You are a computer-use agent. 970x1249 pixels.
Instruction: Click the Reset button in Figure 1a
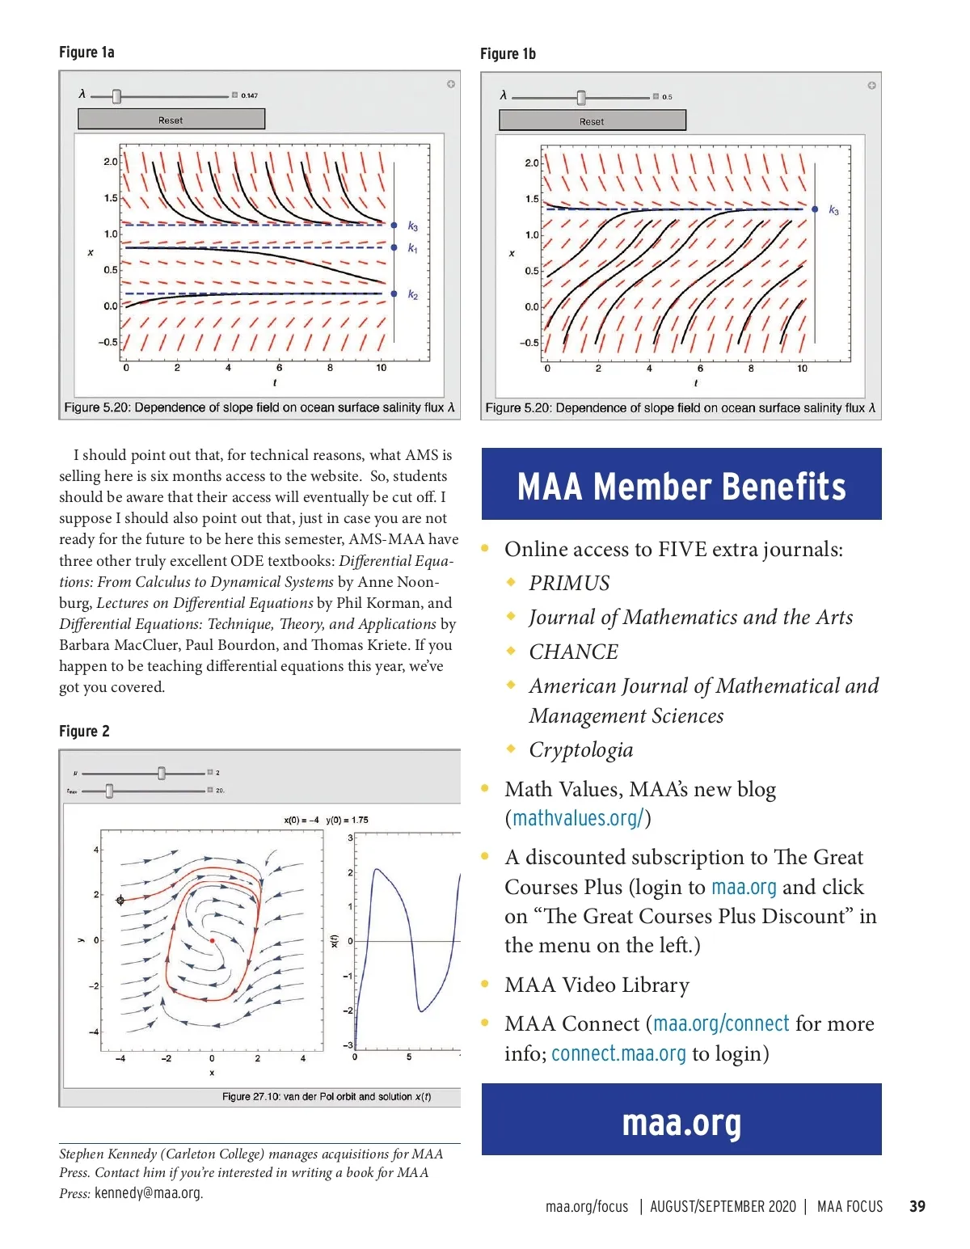tap(171, 120)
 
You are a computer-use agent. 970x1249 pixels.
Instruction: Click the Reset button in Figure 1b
tap(592, 121)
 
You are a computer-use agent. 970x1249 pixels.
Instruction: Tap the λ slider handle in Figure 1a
tap(116, 96)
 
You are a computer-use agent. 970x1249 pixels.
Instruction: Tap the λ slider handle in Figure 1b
tap(580, 98)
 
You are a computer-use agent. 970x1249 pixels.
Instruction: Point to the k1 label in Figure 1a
tap(413, 249)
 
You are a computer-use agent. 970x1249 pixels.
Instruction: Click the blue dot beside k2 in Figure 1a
tap(394, 293)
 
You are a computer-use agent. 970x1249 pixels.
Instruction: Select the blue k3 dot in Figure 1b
tap(815, 209)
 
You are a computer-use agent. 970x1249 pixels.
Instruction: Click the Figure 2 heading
tap(84, 731)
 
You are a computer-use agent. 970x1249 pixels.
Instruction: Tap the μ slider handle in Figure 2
tap(162, 774)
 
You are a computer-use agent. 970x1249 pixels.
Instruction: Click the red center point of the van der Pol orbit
tap(212, 941)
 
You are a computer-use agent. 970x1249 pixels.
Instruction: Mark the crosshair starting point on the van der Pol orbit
tap(120, 900)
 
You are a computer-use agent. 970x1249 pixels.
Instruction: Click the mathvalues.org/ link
tap(578, 818)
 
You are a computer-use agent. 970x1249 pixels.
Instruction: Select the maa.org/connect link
tap(721, 1023)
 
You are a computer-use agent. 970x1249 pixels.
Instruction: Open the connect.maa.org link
tap(618, 1053)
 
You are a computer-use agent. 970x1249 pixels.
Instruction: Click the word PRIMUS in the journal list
tap(569, 583)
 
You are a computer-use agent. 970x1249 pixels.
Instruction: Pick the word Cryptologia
tap(580, 749)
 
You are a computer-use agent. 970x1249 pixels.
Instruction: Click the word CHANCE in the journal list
tap(573, 652)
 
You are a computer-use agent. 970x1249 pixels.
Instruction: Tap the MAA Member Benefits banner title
tap(681, 487)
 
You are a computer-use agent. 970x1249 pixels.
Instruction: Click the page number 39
tap(917, 1206)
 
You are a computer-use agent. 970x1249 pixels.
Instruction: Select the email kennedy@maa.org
tap(148, 1192)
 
